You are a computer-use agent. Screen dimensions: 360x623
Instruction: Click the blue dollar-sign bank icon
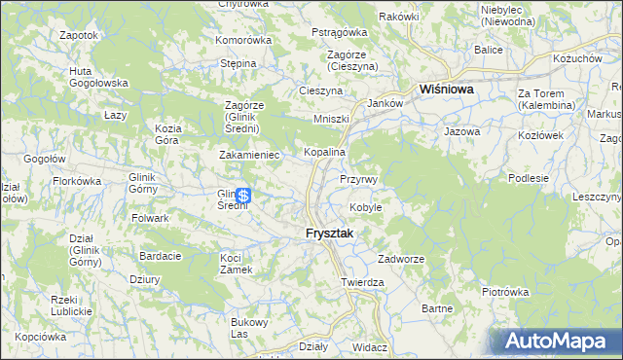(x=242, y=195)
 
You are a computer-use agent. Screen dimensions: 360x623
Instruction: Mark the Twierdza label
(x=363, y=282)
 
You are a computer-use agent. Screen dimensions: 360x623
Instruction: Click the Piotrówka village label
(x=504, y=291)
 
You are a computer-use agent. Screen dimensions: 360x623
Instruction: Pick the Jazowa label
(x=461, y=130)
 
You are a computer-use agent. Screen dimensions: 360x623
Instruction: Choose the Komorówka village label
(x=242, y=41)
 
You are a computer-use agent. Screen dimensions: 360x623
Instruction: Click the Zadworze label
(x=401, y=260)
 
